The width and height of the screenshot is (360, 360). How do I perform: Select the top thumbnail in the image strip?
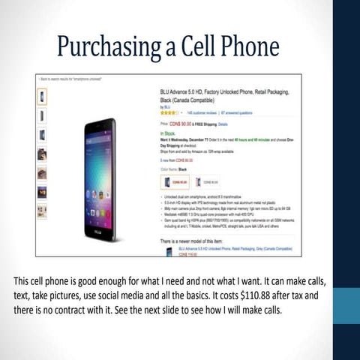pyautogui.click(x=42, y=97)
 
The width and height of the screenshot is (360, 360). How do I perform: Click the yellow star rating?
pyautogui.click(x=170, y=112)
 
